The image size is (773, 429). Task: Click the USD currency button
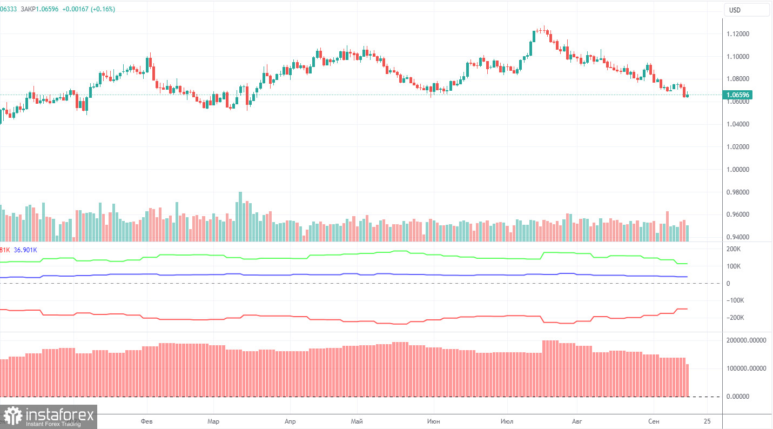pos(747,10)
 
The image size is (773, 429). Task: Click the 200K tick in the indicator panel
pos(734,249)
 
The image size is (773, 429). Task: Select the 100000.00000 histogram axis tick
pos(748,368)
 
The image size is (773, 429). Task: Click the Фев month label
pos(146,421)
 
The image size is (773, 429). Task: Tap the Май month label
pos(356,421)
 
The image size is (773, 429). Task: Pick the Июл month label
pos(507,421)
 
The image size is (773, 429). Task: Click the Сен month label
pos(654,421)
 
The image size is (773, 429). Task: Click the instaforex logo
pos(49,417)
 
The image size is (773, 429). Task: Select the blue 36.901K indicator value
pos(25,250)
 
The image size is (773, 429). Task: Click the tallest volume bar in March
pos(240,216)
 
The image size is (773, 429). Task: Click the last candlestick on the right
pos(687,95)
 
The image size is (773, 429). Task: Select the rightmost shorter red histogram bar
pos(687,380)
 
